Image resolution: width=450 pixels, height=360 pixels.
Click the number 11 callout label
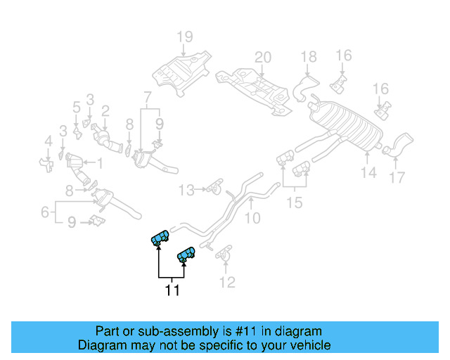point(172,290)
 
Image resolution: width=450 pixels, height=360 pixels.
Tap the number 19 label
point(184,37)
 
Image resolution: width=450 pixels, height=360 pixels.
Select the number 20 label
point(262,58)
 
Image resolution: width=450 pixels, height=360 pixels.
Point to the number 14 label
point(368,172)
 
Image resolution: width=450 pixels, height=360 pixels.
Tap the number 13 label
point(185,190)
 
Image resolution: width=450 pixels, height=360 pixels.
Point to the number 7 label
point(147,96)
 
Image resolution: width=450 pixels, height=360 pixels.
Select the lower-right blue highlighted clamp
point(186,255)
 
